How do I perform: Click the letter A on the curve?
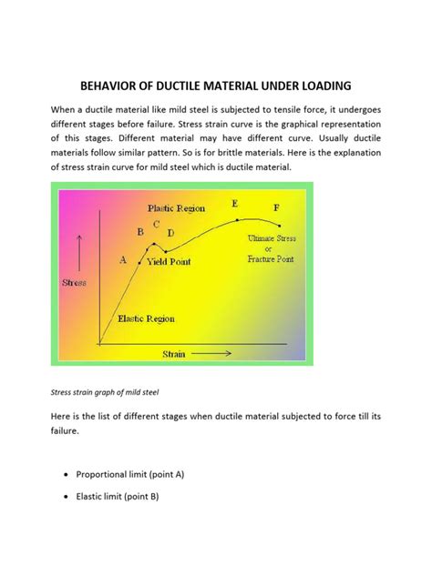(x=123, y=259)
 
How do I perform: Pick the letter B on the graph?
(x=140, y=232)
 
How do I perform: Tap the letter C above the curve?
(x=157, y=224)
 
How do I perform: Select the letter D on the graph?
(x=171, y=234)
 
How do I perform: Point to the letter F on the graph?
(x=277, y=208)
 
